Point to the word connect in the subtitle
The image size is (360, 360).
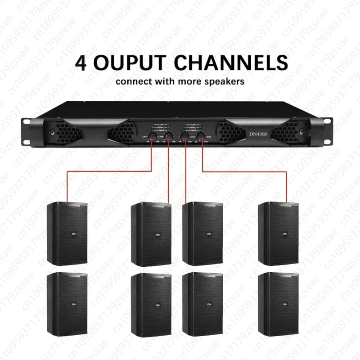click(133, 82)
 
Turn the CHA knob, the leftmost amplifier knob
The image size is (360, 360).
click(153, 137)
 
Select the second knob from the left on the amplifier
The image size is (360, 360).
click(169, 137)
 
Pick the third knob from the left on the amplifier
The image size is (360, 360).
click(184, 137)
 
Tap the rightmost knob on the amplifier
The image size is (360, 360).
click(200, 137)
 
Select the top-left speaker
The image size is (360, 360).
click(67, 234)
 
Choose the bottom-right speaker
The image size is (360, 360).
click(278, 304)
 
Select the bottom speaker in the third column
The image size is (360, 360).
click(202, 304)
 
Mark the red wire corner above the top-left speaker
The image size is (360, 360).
click(67, 171)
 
